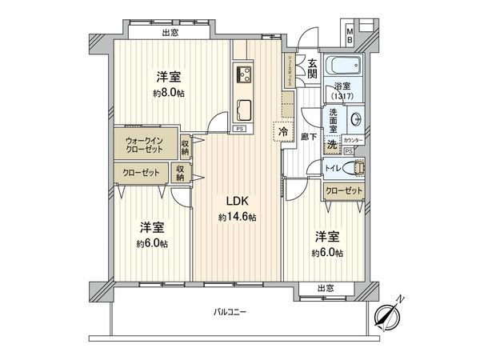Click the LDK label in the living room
click(237, 201)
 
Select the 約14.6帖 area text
click(237, 217)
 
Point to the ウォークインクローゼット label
click(146, 149)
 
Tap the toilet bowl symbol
click(358, 168)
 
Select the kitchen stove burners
click(244, 75)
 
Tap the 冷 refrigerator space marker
click(283, 130)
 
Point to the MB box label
click(350, 34)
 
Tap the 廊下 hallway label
click(310, 138)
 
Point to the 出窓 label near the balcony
click(325, 287)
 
